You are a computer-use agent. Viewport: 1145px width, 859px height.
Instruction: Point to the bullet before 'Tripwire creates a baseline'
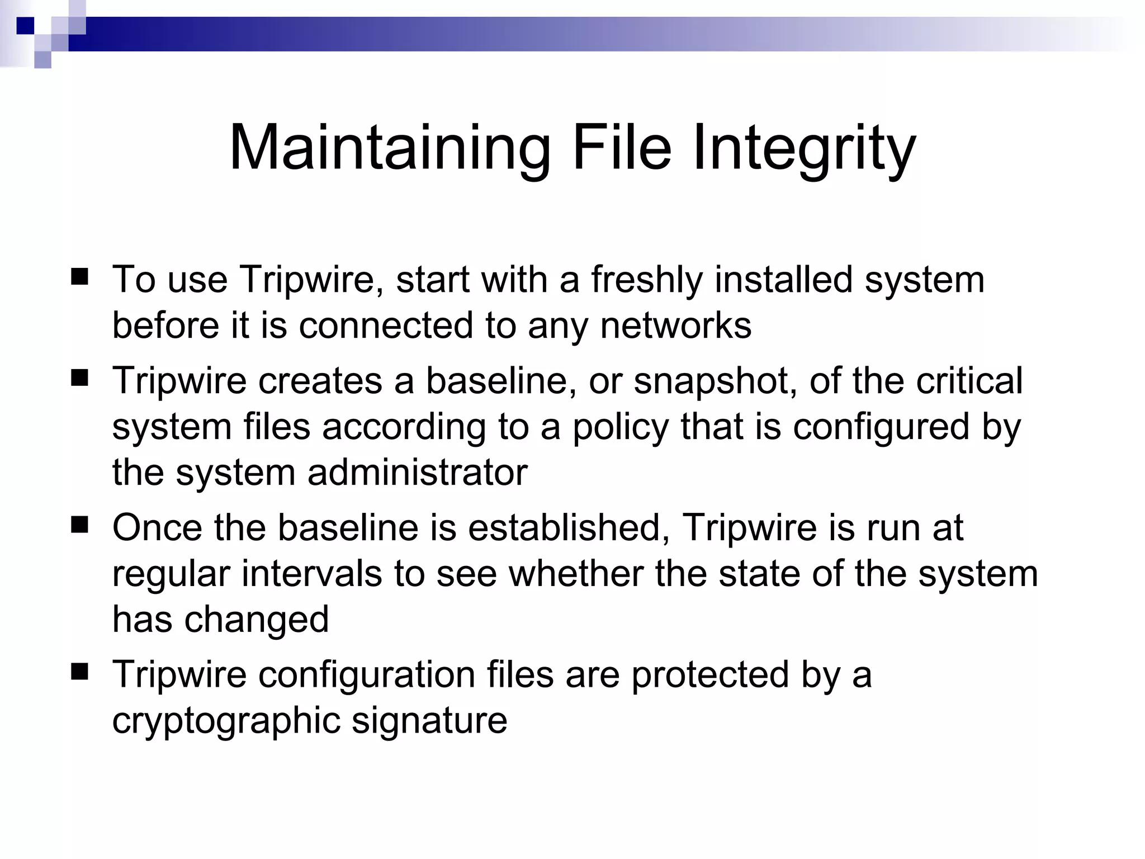click(80, 379)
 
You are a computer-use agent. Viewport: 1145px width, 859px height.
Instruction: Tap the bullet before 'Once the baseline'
click(80, 526)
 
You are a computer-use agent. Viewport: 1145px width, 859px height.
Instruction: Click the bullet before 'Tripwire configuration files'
click(80, 673)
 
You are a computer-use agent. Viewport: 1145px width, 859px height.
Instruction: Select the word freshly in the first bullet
click(646, 279)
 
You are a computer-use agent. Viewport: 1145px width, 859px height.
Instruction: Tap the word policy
click(620, 427)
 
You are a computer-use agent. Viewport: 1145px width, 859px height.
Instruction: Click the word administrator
click(417, 472)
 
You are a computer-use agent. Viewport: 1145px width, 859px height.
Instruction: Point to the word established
click(569, 527)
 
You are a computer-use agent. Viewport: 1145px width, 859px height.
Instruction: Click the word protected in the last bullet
click(710, 674)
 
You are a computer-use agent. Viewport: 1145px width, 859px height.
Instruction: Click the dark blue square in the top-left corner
click(25, 26)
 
